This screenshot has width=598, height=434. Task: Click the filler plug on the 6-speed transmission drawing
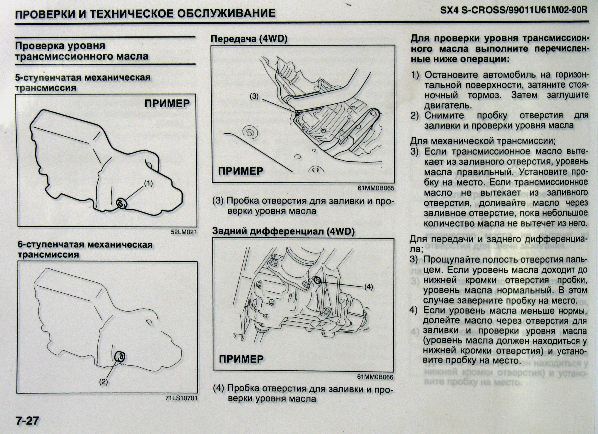point(120,357)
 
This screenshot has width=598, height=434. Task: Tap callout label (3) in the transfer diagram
point(254,97)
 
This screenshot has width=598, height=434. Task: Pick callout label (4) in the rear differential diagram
point(369,287)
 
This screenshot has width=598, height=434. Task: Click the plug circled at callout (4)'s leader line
point(318,280)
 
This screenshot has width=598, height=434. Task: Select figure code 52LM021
point(184,232)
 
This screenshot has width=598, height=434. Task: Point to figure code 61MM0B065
point(376,188)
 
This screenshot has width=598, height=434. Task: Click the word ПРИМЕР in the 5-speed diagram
point(167,103)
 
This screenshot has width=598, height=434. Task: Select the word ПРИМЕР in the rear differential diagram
point(241,359)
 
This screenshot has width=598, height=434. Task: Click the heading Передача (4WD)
point(249,39)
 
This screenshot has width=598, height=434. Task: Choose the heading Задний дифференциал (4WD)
point(283,232)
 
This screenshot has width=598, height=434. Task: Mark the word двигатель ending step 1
point(448,105)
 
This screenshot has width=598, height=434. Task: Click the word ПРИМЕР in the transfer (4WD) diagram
point(241,171)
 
